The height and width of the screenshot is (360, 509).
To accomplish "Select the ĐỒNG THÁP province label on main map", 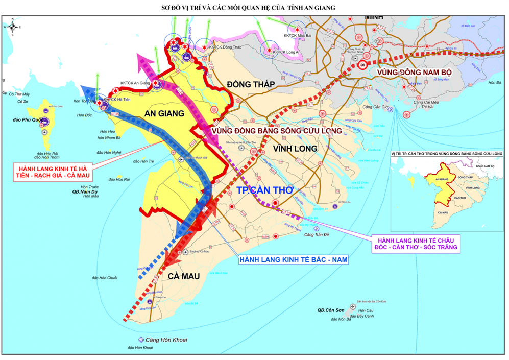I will (x=251, y=84).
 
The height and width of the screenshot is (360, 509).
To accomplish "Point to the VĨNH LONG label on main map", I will (x=295, y=148).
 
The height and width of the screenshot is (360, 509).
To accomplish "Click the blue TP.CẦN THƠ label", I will (x=265, y=189).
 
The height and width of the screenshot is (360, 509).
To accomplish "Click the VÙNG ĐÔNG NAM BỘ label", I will (x=415, y=72).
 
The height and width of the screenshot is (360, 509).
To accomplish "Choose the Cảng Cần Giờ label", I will (x=375, y=107).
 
